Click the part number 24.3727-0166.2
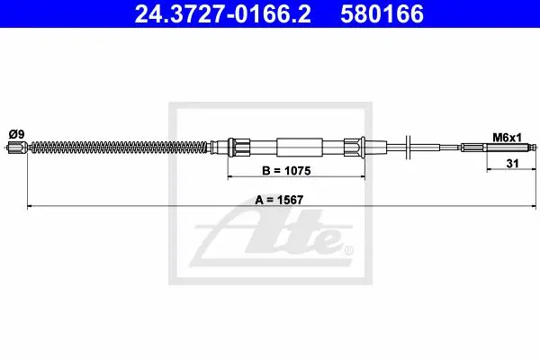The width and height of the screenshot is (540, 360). pyautogui.click(x=223, y=14)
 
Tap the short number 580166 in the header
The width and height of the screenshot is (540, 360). pyautogui.click(x=382, y=14)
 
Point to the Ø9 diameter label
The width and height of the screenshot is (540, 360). pyautogui.click(x=16, y=134)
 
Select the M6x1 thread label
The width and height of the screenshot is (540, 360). pyautogui.click(x=507, y=138)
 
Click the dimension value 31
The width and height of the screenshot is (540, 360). pyautogui.click(x=512, y=163)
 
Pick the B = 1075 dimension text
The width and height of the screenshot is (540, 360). pyautogui.click(x=286, y=170)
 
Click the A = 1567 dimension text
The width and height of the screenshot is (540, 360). pyautogui.click(x=279, y=200)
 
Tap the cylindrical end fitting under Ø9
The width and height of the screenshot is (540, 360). pyautogui.click(x=17, y=148)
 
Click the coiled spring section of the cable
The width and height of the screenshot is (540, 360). pyautogui.click(x=121, y=148)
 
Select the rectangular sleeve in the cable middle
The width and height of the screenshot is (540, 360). pyautogui.click(x=300, y=148)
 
